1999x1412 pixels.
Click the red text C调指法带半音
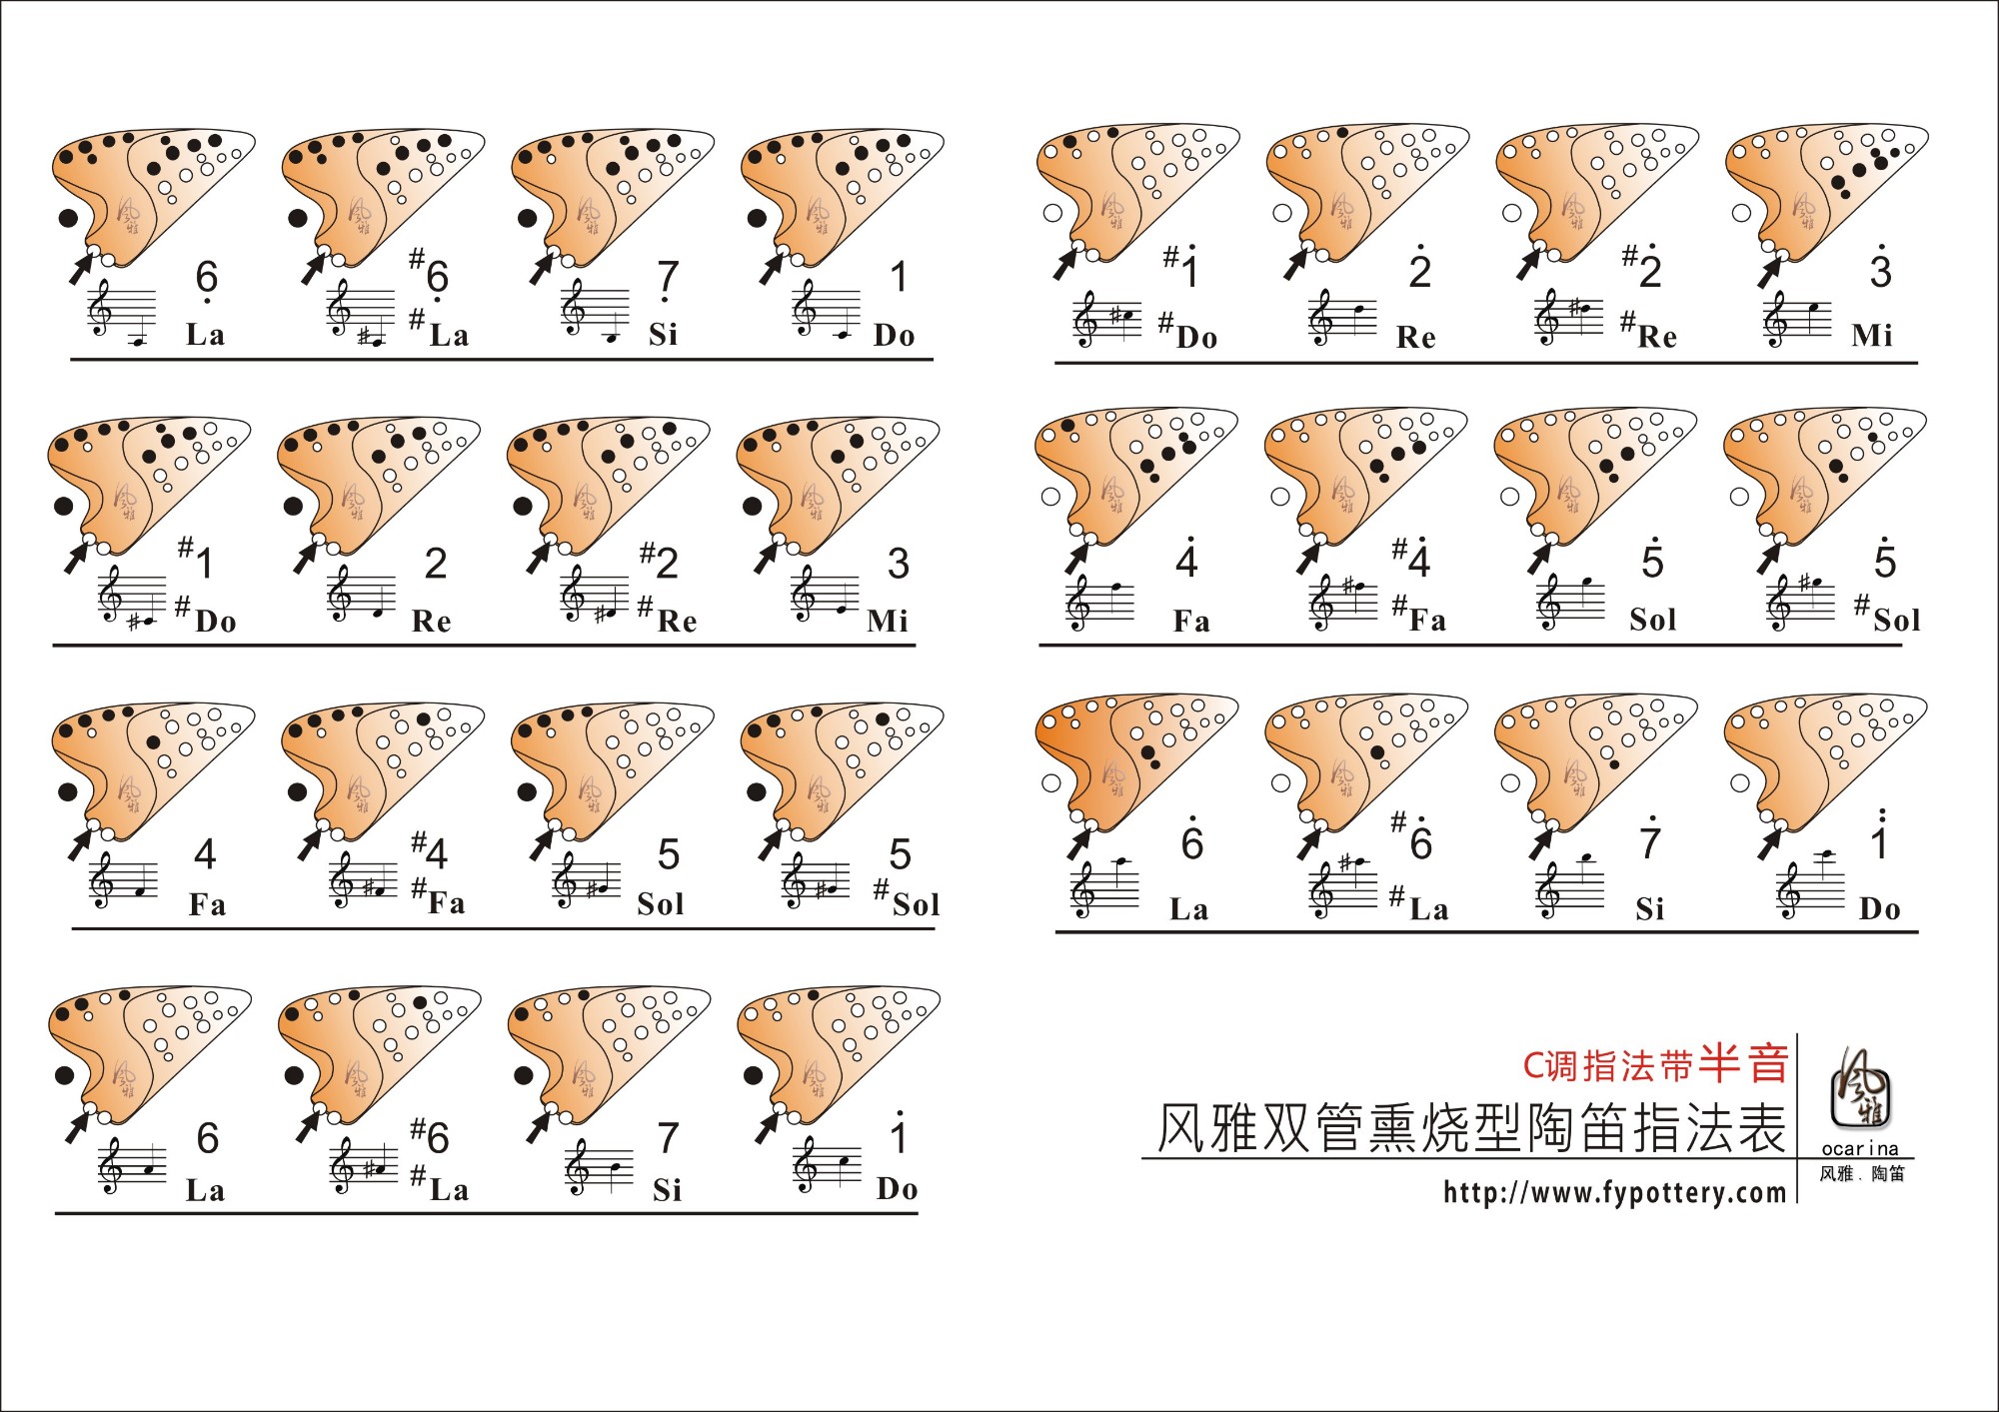(1655, 1064)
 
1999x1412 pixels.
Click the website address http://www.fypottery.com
(1614, 1192)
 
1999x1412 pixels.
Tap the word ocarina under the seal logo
(1860, 1149)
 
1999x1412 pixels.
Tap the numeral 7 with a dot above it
(1651, 837)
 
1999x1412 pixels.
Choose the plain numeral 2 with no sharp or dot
(436, 564)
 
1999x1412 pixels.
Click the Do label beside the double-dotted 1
(1879, 908)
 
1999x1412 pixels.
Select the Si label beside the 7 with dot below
(663, 334)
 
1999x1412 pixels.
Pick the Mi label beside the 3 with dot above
(1871, 335)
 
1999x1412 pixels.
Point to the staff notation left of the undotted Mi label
(825, 595)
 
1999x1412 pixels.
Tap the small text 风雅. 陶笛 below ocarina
(1862, 1174)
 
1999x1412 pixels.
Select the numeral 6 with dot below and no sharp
(207, 280)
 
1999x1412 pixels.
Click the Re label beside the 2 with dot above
(1415, 337)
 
